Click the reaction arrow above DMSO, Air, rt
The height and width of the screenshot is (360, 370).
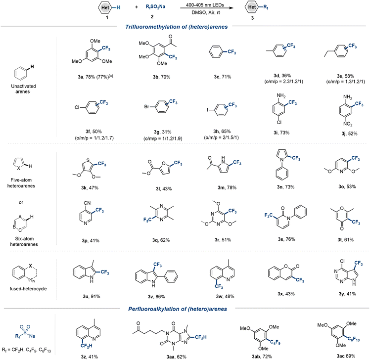[x=207, y=8]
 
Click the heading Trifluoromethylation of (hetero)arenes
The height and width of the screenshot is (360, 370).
[x=176, y=27]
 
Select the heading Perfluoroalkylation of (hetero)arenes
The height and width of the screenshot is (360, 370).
[x=178, y=309]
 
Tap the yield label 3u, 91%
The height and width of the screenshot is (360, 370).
[x=92, y=296]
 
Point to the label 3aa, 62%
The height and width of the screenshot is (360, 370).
[x=176, y=357]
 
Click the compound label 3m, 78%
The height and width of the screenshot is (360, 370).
[x=227, y=187]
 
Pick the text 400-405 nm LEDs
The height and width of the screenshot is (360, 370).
[x=205, y=5]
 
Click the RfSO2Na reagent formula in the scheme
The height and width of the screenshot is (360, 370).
[x=155, y=7]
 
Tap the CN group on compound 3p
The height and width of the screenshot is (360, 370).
[x=87, y=203]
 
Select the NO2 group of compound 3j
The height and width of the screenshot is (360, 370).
[x=348, y=124]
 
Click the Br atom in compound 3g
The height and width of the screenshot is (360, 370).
[x=147, y=107]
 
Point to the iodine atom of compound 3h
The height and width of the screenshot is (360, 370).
[x=208, y=110]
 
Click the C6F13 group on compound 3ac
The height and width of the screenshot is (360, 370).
[x=354, y=339]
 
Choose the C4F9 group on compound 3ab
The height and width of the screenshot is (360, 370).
[x=275, y=342]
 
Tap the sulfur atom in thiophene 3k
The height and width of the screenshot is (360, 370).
[x=88, y=160]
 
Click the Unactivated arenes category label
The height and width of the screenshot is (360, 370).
[x=23, y=89]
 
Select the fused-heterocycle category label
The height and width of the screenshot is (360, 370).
[x=28, y=288]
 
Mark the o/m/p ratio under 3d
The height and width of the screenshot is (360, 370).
[x=283, y=82]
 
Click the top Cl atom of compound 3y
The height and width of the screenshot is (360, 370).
[x=342, y=261]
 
